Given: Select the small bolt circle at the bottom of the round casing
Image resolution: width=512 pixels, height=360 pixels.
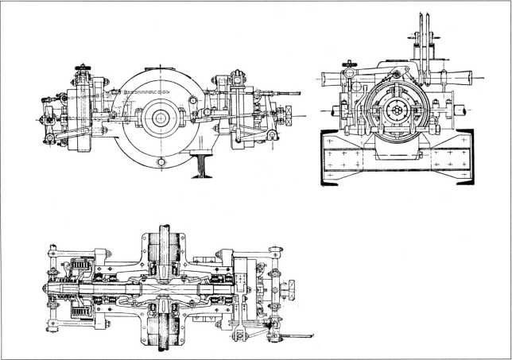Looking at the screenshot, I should pos(162,161).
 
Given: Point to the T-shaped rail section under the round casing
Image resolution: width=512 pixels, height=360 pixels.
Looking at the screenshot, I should pos(201,165).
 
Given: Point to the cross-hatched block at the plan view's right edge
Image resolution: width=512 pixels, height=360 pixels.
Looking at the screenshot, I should pos(290,284).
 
